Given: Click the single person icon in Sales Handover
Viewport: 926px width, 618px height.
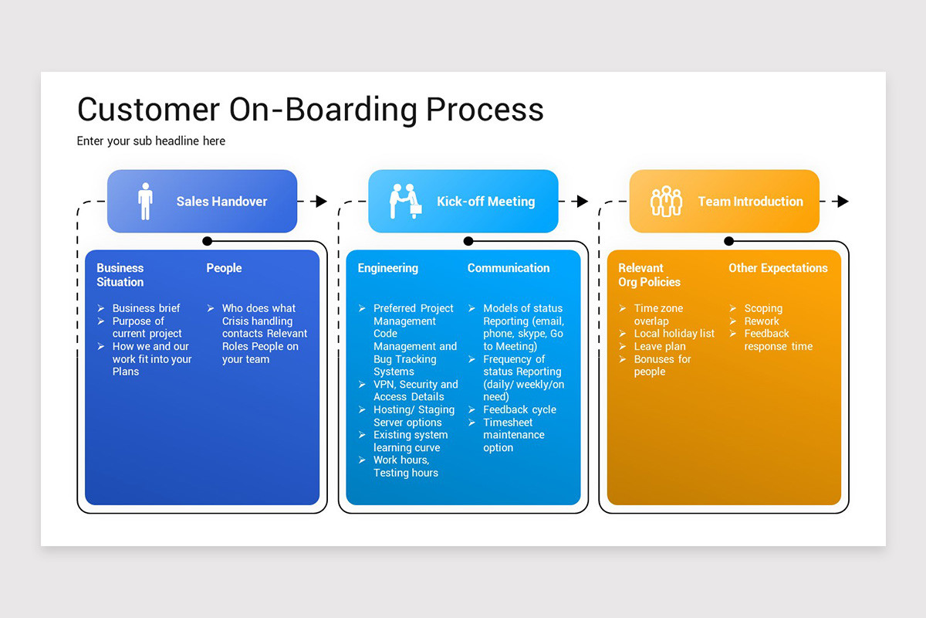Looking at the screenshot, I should (145, 202).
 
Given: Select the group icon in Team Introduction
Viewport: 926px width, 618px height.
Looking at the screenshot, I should (666, 202).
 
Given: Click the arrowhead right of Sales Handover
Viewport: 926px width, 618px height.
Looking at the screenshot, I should (321, 202).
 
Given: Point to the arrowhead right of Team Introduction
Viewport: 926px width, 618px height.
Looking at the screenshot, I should (843, 202).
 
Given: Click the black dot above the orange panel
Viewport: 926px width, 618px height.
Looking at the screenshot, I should (728, 241).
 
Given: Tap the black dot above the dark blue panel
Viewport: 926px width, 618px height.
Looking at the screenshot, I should (207, 241).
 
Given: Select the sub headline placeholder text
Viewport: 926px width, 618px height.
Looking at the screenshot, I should (151, 141).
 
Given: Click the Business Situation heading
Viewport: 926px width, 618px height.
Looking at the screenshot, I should (120, 275).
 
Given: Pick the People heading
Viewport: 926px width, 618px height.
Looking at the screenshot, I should (224, 268).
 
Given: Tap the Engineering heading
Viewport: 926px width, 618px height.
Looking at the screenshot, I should (387, 268).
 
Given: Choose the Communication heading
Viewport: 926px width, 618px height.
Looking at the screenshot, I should (509, 268).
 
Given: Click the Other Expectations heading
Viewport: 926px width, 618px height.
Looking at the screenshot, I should (778, 268).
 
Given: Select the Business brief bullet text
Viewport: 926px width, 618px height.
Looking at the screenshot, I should (146, 308).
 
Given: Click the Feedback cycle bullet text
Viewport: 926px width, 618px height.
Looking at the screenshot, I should (519, 409).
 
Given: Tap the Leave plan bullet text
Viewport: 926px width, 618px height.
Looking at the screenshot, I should (660, 346).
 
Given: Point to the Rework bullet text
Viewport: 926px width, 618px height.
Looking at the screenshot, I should (762, 321).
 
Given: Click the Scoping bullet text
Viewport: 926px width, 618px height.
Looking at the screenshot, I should (763, 308).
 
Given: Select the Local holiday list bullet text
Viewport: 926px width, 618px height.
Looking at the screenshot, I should (674, 334).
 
